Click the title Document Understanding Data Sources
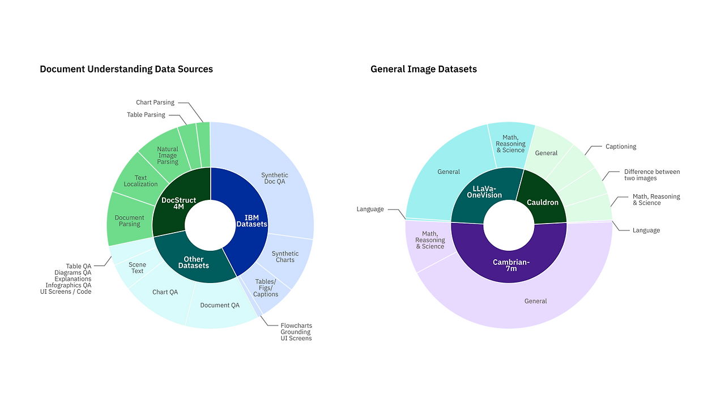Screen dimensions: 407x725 126,69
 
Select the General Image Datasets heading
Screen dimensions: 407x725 424,69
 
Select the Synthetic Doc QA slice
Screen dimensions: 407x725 275,178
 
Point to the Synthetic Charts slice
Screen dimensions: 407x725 285,256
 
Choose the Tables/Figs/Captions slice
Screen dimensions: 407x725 266,288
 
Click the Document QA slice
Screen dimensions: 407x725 220,306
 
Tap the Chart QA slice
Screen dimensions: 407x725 165,292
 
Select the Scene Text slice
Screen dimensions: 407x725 137,267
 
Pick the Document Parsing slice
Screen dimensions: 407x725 130,221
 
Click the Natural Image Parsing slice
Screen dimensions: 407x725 168,155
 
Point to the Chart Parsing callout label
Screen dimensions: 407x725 155,102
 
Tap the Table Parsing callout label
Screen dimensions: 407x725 146,115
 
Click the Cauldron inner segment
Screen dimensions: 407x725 543,202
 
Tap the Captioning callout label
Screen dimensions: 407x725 621,147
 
